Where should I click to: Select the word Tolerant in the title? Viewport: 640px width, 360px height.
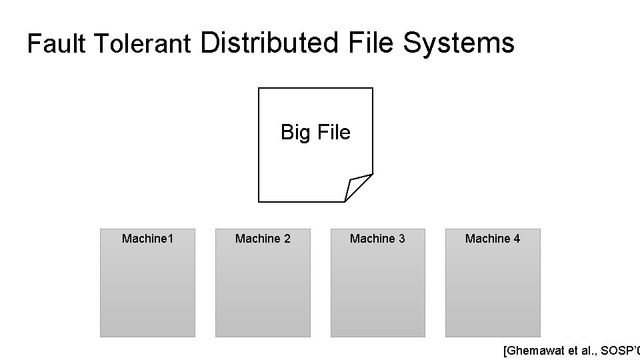tap(141, 44)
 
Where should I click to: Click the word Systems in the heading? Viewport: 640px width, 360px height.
tap(459, 43)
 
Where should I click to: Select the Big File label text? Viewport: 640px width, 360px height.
tap(315, 133)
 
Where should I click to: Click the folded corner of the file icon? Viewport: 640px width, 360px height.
tap(357, 186)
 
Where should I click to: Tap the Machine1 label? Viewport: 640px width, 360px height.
tap(147, 239)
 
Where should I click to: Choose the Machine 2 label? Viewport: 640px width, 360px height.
tap(263, 239)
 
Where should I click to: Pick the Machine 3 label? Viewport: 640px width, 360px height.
tap(377, 239)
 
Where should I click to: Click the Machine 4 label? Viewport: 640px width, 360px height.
tap(493, 239)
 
